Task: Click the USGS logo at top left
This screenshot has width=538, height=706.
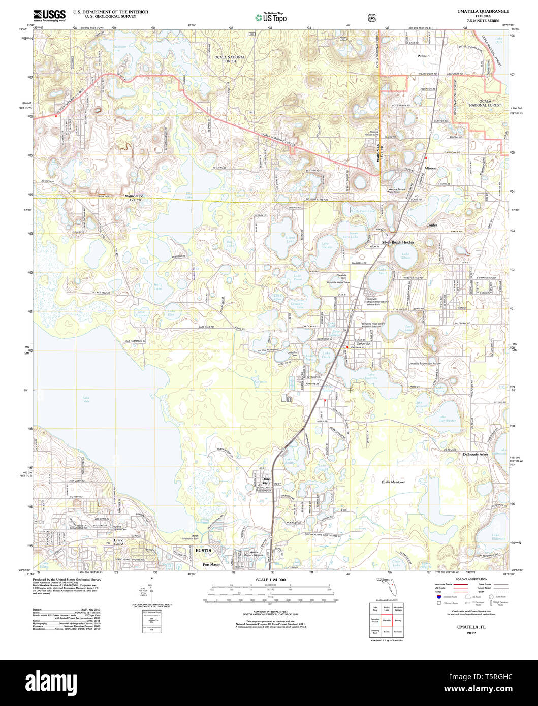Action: click(x=49, y=15)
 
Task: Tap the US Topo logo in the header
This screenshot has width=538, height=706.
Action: click(x=270, y=18)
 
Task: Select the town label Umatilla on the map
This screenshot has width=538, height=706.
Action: click(x=364, y=344)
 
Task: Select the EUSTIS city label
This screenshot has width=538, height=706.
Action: click(x=204, y=550)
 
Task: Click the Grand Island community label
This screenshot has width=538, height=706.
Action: click(x=118, y=542)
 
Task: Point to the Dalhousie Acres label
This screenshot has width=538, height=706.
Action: click(x=476, y=454)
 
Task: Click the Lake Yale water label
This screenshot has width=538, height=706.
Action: click(x=86, y=399)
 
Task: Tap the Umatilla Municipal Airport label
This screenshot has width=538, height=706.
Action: click(x=425, y=364)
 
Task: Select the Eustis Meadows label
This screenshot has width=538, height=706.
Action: click(x=393, y=482)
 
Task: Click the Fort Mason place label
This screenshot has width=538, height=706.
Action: click(x=212, y=564)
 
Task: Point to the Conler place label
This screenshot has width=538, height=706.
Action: click(x=432, y=224)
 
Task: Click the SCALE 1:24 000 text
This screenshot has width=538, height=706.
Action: click(x=270, y=580)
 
